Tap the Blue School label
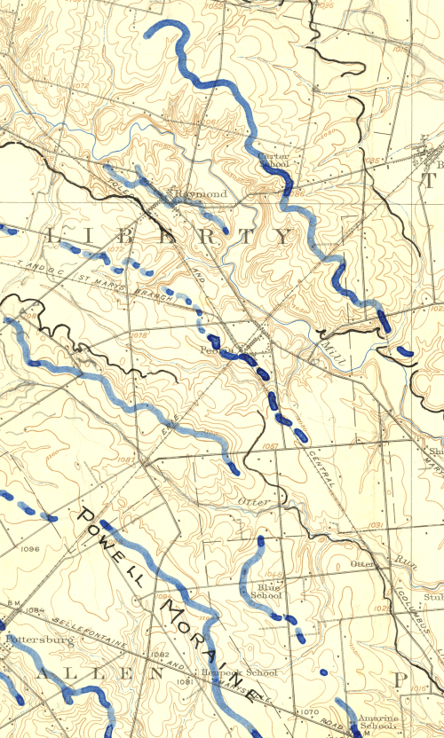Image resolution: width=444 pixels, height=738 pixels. (x=266, y=592)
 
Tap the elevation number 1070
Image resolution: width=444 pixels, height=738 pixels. (x=308, y=711)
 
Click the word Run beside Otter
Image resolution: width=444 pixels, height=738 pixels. (x=406, y=561)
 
